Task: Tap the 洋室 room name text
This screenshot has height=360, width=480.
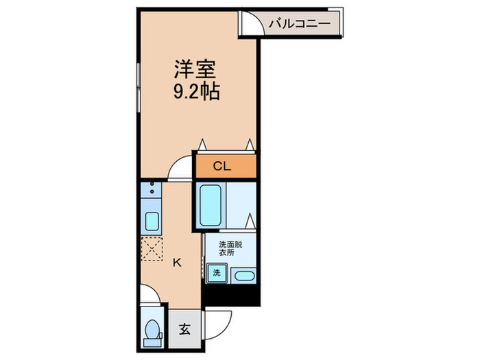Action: pyautogui.click(x=195, y=70)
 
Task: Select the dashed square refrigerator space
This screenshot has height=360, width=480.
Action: pyautogui.click(x=152, y=248)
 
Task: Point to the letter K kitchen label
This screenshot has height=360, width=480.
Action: pyautogui.click(x=176, y=262)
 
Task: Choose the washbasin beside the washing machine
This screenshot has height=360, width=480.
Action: pyautogui.click(x=243, y=276)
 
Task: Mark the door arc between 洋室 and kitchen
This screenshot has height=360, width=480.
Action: pyautogui.click(x=181, y=168)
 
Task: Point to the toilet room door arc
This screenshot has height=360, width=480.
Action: pyautogui.click(x=150, y=295)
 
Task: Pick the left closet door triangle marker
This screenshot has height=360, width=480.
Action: pyautogui.click(x=203, y=144)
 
